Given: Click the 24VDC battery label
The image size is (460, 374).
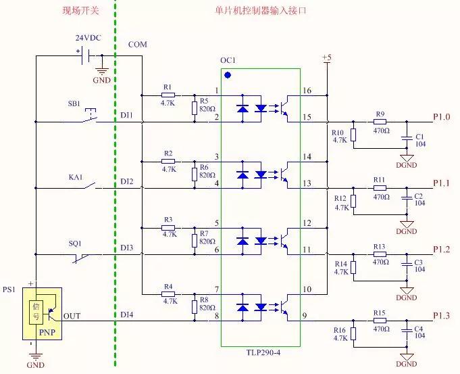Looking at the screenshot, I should [x=88, y=39].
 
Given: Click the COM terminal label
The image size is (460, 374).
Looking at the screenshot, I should [x=137, y=45].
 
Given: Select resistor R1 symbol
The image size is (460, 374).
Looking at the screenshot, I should [x=168, y=95].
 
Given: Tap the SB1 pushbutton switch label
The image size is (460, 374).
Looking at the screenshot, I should [x=74, y=104].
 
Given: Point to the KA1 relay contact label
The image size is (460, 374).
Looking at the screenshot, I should [x=74, y=177].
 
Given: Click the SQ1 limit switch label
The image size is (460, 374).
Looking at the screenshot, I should [x=74, y=243].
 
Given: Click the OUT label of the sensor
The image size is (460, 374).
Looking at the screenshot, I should [x=72, y=315].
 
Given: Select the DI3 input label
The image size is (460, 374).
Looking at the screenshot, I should [x=127, y=249].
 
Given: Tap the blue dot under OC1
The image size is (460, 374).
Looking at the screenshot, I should [x=228, y=75].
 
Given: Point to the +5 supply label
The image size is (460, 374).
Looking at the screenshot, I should [x=327, y=58].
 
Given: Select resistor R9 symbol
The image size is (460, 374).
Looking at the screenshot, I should [x=380, y=122].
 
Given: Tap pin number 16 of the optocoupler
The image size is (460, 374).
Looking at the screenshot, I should [x=307, y=91].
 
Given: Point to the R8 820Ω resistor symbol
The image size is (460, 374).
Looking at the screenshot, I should [x=195, y=306].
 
